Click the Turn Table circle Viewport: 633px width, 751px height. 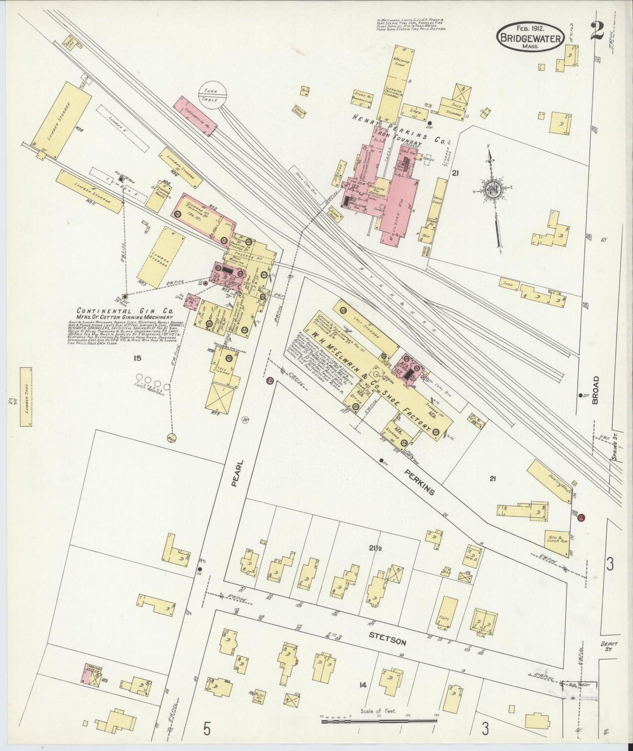point(213,93)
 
